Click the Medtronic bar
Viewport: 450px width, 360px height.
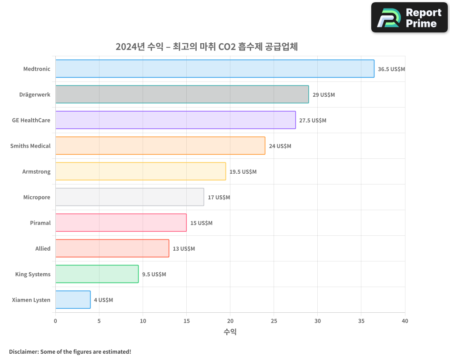pos(215,69)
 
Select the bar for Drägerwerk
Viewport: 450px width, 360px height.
pos(182,94)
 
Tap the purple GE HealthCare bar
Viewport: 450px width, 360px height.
pos(175,120)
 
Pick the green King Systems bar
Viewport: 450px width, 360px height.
pos(97,274)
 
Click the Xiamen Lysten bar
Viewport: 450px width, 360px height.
pos(73,300)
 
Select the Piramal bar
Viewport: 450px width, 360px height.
pos(121,223)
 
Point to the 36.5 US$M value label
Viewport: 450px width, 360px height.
pos(391,69)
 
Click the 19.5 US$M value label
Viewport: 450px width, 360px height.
pos(243,172)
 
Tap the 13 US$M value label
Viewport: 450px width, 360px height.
pos(184,249)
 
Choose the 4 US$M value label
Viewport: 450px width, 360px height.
pos(103,300)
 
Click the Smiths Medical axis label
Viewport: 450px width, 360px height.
pos(30,146)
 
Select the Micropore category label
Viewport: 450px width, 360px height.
pos(36,197)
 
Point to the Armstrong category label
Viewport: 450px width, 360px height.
pos(36,171)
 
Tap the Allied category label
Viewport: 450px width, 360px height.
pos(43,248)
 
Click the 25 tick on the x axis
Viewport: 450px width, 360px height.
pos(274,321)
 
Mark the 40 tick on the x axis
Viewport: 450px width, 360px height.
pos(405,321)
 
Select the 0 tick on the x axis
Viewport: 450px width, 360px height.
pos(55,321)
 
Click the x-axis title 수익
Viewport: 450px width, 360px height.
pos(230,332)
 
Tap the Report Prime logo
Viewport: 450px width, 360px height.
pos(409,18)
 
